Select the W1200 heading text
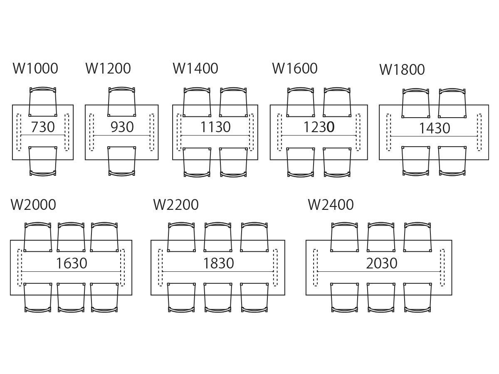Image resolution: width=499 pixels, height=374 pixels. [x=108, y=68]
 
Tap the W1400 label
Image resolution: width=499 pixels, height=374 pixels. [x=195, y=68]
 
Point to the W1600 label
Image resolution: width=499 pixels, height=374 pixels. [x=295, y=68]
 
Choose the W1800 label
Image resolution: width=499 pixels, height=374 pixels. [x=402, y=70]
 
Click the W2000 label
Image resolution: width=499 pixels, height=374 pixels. [x=33, y=204]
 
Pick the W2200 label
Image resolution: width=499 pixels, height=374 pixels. [x=176, y=204]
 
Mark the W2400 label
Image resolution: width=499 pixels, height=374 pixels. [x=331, y=204]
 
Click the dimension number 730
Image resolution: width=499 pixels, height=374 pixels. [x=43, y=127]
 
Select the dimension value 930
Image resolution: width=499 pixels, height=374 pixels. [x=122, y=127]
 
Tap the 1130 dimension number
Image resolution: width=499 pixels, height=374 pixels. [x=215, y=127]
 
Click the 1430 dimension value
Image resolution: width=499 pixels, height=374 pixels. [x=435, y=128]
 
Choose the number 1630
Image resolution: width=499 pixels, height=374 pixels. [x=72, y=263]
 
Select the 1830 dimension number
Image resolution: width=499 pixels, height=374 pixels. [x=218, y=263]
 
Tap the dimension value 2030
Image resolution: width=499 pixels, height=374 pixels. [x=382, y=263]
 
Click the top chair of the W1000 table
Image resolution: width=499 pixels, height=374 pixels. [x=43, y=101]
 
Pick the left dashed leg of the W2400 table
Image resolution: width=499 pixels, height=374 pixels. [x=315, y=267]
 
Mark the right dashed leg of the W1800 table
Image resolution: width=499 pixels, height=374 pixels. [x=479, y=132]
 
